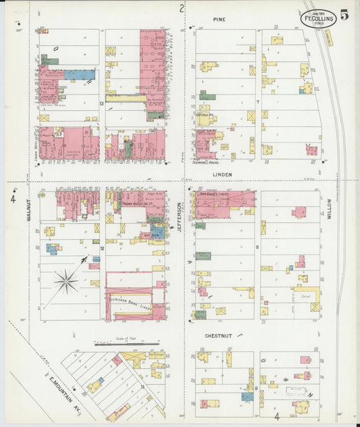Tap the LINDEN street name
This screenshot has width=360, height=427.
[222, 174]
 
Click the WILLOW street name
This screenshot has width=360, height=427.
[330, 215]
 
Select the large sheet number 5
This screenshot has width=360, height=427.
[344, 16]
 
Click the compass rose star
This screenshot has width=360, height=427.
[66, 281]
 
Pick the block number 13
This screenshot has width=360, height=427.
[101, 103]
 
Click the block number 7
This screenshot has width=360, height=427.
[257, 102]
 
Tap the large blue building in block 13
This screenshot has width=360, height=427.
[80, 75]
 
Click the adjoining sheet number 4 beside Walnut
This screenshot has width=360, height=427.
[13, 199]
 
